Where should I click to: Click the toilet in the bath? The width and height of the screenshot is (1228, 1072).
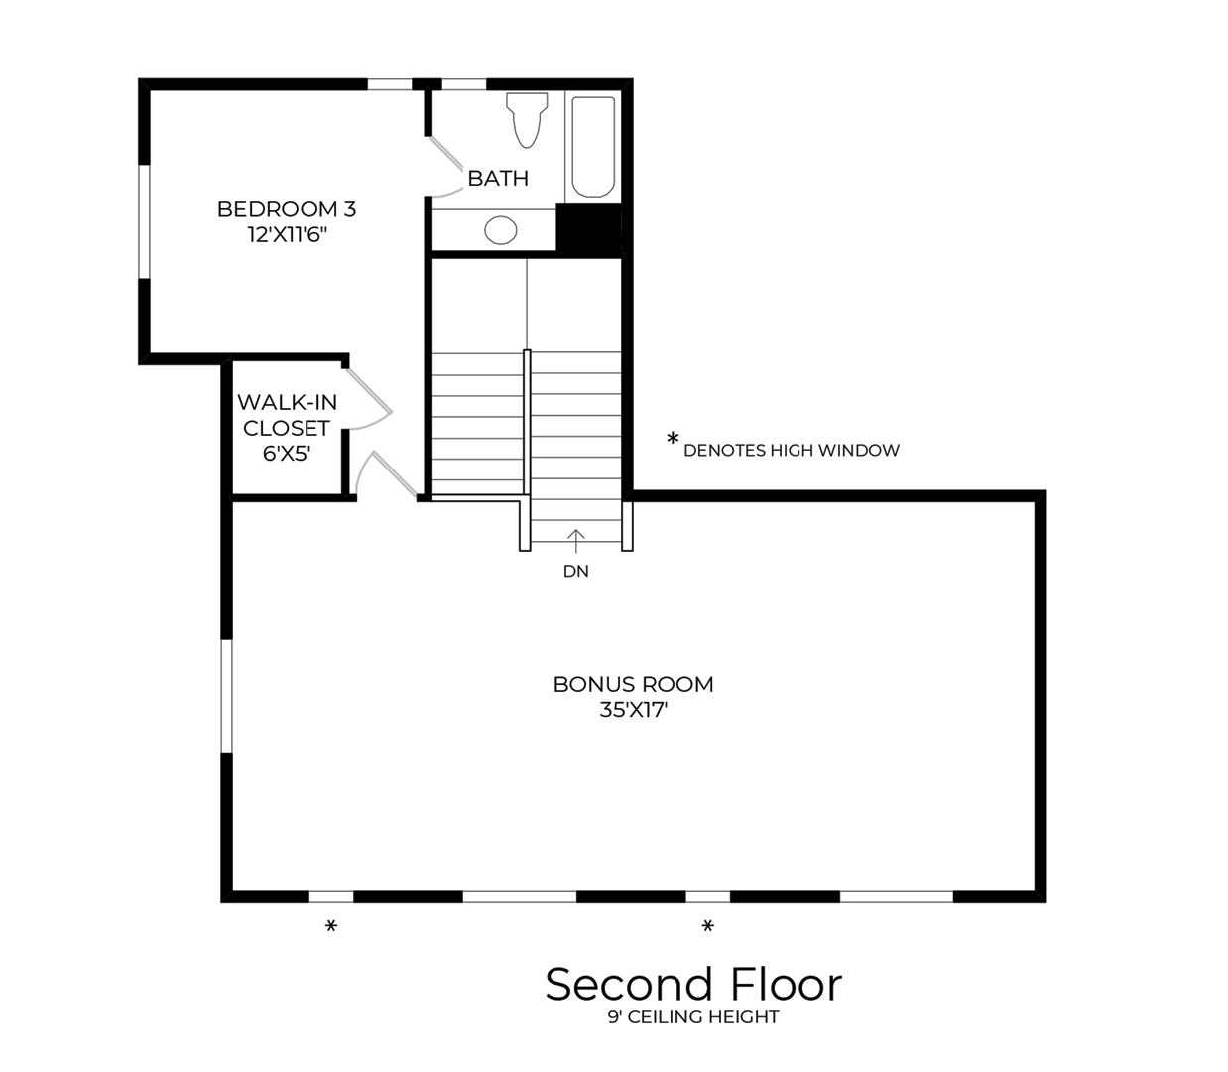point(527,119)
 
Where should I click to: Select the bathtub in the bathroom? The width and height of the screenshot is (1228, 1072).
point(593,147)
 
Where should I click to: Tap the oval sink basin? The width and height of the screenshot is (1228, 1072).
point(501,230)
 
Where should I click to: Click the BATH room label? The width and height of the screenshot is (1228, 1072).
point(498,179)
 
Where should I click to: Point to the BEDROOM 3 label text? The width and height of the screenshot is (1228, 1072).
point(287,209)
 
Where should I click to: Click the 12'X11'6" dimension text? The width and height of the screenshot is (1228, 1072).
point(287,235)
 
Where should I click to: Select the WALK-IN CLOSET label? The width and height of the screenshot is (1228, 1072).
point(287,415)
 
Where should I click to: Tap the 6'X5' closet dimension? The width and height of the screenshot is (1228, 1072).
point(287,454)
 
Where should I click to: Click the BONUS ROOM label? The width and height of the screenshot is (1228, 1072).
point(633,684)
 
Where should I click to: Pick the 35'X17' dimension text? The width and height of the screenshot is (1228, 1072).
point(633,710)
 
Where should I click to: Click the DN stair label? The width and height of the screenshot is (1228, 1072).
point(575,571)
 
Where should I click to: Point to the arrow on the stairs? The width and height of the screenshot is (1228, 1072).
point(576,541)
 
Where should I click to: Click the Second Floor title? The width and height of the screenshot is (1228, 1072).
point(693,984)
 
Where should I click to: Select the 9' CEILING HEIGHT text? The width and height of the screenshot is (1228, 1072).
point(693,1017)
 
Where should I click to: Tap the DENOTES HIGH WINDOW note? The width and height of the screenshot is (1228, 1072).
point(791,451)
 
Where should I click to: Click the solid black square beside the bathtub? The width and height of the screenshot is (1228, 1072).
point(589,230)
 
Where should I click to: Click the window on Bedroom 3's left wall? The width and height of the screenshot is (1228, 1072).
point(144,221)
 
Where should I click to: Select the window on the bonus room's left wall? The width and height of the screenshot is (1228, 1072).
point(226,696)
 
